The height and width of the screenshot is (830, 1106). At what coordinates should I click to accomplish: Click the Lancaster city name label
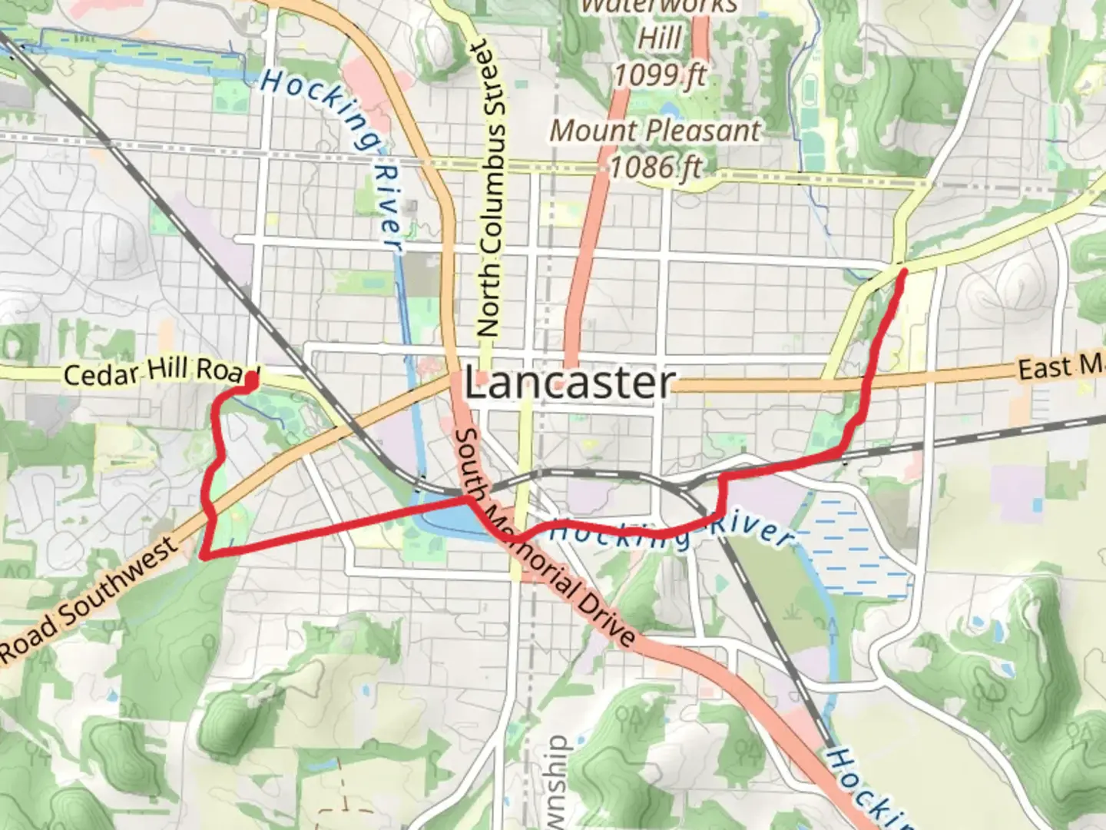(x=569, y=383)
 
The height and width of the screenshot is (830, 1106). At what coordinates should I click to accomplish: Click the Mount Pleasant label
(x=655, y=131)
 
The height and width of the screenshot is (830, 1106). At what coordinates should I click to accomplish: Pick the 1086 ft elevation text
(x=655, y=167)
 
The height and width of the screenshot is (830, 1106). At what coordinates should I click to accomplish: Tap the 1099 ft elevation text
(x=659, y=75)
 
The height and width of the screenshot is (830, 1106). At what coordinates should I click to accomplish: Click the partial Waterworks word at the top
(x=659, y=8)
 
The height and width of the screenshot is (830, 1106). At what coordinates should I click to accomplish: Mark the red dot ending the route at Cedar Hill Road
(x=250, y=378)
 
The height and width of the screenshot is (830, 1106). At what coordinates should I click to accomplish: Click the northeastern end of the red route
(x=903, y=271)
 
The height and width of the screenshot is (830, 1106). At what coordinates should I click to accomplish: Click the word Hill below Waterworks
(x=659, y=38)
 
